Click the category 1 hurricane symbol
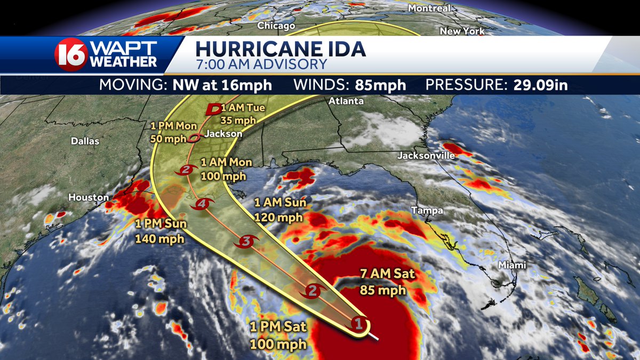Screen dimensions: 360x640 point(359,323)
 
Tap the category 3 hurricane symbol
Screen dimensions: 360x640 point(246,242)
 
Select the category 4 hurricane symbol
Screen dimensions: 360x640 point(202,203)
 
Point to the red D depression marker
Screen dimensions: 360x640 point(213,109)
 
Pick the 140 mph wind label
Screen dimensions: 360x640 point(160,239)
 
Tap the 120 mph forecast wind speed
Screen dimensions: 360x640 point(278,217)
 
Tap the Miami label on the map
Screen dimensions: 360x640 point(513,265)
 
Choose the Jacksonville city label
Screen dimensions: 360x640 point(426,156)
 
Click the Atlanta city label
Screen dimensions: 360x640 point(346,101)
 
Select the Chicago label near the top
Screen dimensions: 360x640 point(276,26)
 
